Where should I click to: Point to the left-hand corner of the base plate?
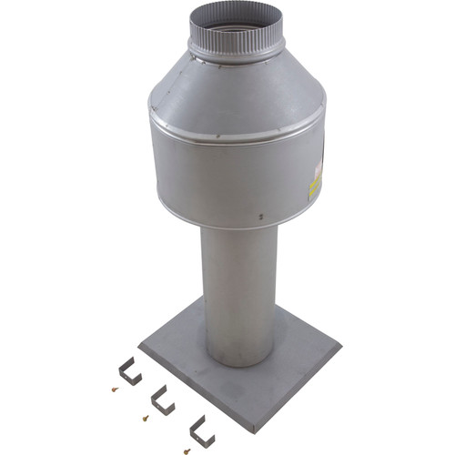coord(141,344)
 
